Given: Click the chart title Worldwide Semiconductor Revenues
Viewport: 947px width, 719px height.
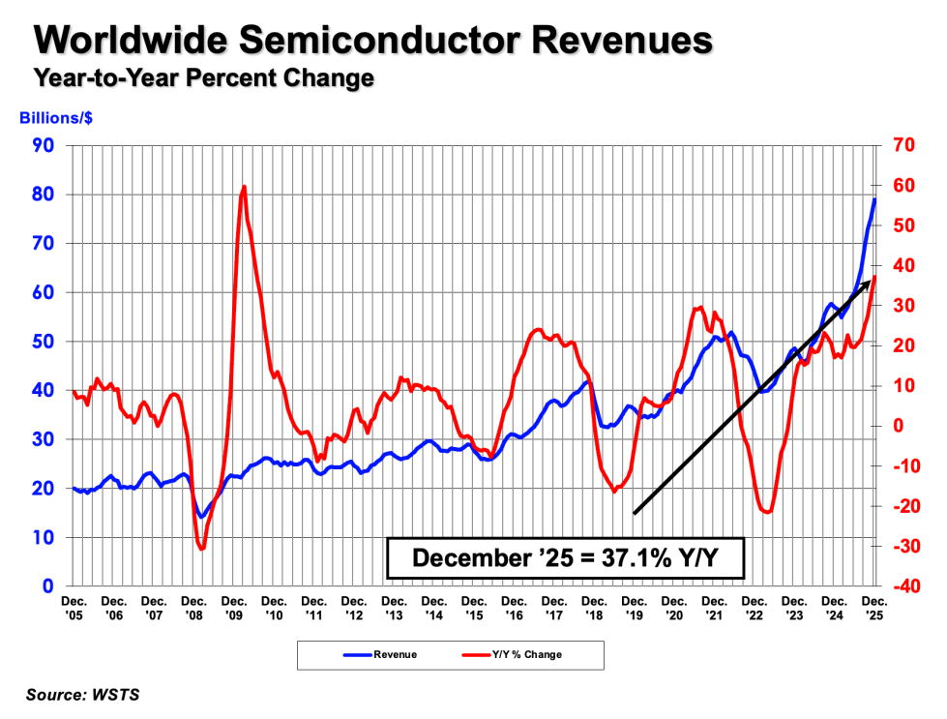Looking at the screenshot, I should pyautogui.click(x=372, y=41).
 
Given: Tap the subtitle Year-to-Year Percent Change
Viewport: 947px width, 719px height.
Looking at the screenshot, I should pyautogui.click(x=203, y=78).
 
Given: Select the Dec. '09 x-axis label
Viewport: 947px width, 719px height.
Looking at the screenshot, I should pyautogui.click(x=236, y=608).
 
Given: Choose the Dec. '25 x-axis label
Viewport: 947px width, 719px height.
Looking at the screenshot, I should pyautogui.click(x=875, y=608).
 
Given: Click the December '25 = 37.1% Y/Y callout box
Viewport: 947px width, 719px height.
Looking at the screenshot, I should pyautogui.click(x=565, y=558).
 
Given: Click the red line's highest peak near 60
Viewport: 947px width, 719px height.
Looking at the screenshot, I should pyautogui.click(x=244, y=187).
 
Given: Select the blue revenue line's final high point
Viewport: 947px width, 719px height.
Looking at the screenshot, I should pyautogui.click(x=874, y=199).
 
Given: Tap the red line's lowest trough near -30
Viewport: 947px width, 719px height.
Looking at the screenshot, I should pyautogui.click(x=202, y=550).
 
